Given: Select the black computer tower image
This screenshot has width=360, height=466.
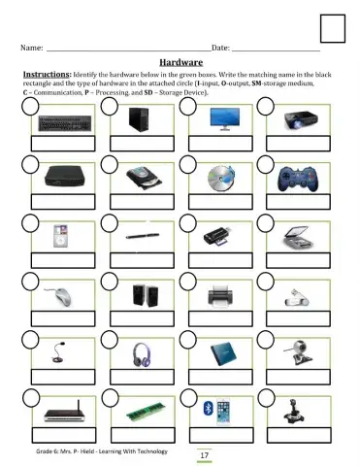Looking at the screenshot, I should tap(143, 120).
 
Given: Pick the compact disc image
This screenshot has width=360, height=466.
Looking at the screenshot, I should tap(221, 179).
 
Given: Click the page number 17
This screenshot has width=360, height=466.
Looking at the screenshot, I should tap(204, 454).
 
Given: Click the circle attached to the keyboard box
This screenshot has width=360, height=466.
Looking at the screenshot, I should tap(30, 106).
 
